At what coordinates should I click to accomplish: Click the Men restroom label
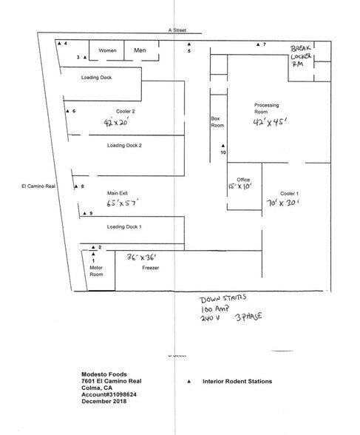click(140, 50)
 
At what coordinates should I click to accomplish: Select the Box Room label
click(216, 122)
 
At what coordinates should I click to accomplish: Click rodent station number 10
click(222, 153)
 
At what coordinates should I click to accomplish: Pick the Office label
click(243, 180)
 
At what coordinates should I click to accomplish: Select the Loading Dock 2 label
click(124, 146)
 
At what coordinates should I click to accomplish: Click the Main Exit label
click(118, 190)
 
